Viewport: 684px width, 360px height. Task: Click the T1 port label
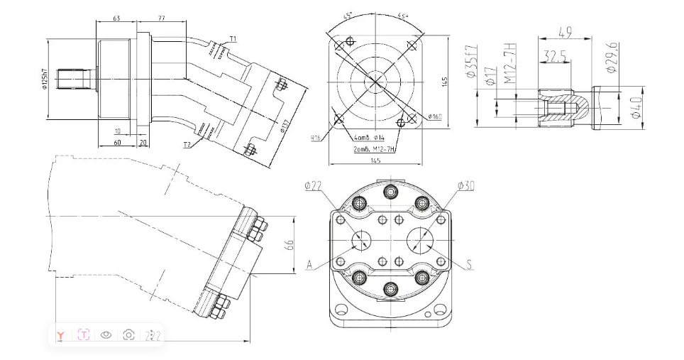232,38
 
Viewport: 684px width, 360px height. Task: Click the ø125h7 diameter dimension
45,80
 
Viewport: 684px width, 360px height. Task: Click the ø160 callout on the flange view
434,116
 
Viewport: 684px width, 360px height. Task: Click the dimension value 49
566,31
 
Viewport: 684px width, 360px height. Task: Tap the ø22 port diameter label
313,186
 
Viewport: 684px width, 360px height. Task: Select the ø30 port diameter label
465,186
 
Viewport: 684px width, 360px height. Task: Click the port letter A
309,265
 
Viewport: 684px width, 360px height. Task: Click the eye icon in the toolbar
106,334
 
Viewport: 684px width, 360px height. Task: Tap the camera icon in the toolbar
128,334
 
